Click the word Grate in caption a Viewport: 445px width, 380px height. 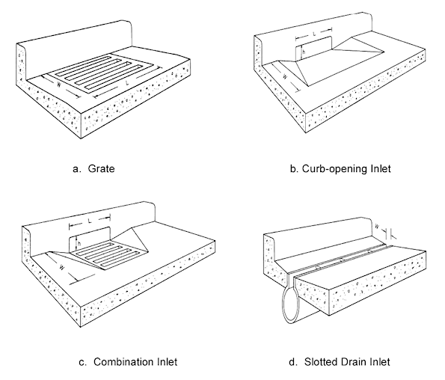tap(101, 168)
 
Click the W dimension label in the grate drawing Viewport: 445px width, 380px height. tap(59, 85)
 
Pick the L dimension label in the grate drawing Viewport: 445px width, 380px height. tap(127, 83)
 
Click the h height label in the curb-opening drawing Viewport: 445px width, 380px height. tap(304, 52)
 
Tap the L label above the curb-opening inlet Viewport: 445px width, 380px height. tap(314, 34)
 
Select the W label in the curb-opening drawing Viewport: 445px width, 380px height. tap(285, 76)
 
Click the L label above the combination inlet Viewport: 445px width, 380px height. tap(90, 221)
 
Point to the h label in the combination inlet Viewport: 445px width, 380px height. tap(79, 244)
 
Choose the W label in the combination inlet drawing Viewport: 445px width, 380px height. tap(62, 267)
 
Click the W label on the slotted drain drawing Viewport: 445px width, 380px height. tap(377, 227)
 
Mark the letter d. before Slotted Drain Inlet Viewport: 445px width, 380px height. tap(293, 362)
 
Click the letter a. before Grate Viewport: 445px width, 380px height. tap(76, 169)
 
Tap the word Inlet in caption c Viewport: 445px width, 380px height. tap(168, 362)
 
